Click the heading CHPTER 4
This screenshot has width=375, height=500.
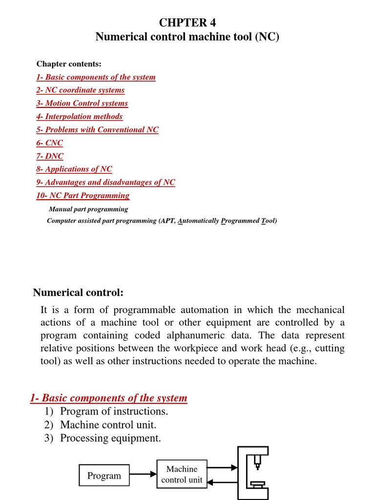coord(187,22)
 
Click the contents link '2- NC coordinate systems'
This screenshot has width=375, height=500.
coord(80,90)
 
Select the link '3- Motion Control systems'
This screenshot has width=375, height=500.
coord(82,103)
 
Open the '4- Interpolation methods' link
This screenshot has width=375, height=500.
coord(79,116)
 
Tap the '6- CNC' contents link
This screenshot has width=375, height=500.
coord(49,143)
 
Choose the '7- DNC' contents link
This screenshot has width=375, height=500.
coord(49,156)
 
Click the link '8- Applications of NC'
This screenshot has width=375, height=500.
coord(74,169)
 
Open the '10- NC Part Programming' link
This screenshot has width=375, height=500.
coord(83,195)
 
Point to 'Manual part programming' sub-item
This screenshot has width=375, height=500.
coord(88,209)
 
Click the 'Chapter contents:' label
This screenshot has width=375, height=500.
coord(69,64)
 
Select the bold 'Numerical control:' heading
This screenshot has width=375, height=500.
coord(78,292)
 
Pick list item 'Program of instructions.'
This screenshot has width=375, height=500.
coord(114,411)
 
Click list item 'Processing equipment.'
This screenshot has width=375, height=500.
coord(110,438)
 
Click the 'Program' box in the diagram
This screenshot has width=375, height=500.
coord(104,476)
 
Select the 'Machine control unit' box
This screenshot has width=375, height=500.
coord(182,474)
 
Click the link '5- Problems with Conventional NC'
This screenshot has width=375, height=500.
coord(97,129)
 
